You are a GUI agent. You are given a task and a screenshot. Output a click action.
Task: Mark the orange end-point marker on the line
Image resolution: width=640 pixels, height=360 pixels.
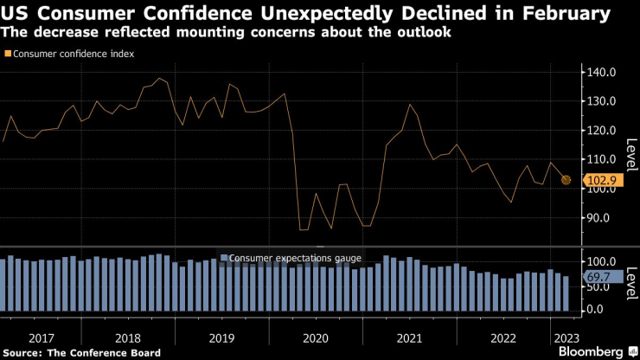point(566,180)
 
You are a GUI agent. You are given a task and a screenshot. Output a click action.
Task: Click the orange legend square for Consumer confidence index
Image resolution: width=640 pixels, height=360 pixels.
point(8,54)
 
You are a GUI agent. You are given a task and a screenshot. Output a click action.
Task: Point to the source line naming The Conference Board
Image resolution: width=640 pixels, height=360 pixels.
point(82,352)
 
